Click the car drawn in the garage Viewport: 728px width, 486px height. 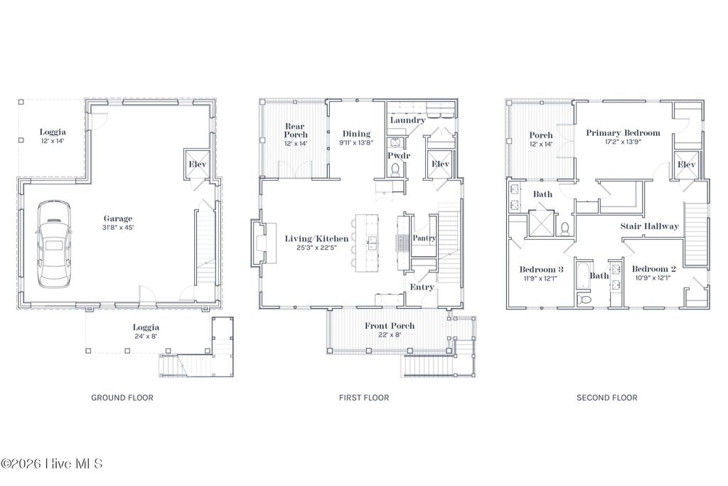pyautogui.click(x=54, y=243)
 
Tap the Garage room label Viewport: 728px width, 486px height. pyautogui.click(x=118, y=218)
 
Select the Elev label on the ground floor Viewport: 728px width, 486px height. pyautogui.click(x=196, y=165)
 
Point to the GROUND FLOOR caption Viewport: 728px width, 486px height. pyautogui.click(x=122, y=398)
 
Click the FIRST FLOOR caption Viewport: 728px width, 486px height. pyautogui.click(x=364, y=398)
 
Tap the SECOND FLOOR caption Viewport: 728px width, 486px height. pyautogui.click(x=606, y=398)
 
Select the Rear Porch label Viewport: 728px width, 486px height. pyautogui.click(x=296, y=130)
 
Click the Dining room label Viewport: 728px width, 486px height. pyautogui.click(x=356, y=134)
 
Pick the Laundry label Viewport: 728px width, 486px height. pyautogui.click(x=407, y=120)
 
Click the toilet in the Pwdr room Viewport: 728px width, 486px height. pyautogui.click(x=396, y=169)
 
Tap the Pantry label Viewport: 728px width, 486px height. pyautogui.click(x=424, y=238)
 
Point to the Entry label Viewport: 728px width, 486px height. pyautogui.click(x=422, y=287)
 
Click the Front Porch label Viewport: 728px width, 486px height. pyautogui.click(x=390, y=326)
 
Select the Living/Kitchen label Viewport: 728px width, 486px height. pyautogui.click(x=316, y=238)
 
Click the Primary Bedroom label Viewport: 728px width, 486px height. pyautogui.click(x=623, y=133)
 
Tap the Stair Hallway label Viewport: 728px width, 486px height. pyautogui.click(x=650, y=226)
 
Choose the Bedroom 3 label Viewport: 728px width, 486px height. pyautogui.click(x=541, y=269)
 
